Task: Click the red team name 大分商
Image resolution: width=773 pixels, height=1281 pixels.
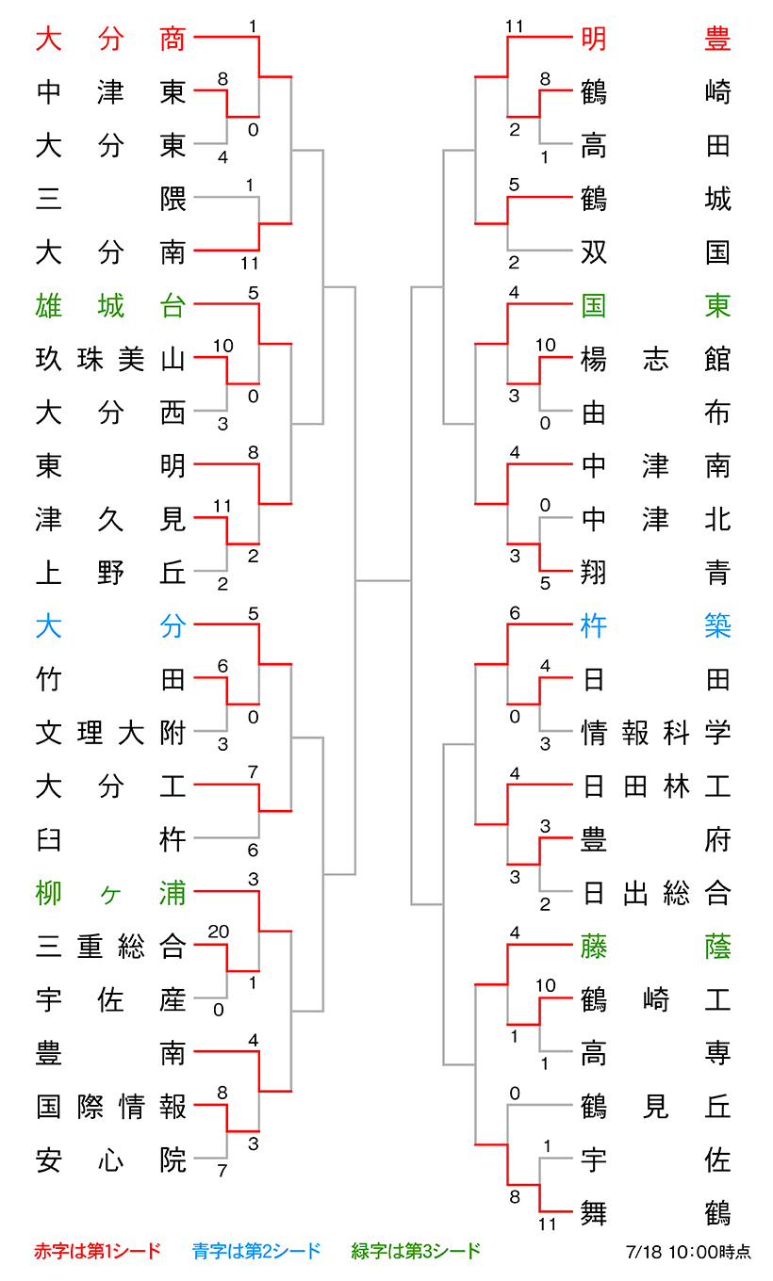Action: click(111, 39)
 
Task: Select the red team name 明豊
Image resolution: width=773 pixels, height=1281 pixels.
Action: click(656, 39)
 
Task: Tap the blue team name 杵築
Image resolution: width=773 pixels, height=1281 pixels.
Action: click(656, 625)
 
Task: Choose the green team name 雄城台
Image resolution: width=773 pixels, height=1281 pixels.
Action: click(111, 305)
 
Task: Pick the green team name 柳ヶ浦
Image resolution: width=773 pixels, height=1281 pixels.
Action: click(111, 893)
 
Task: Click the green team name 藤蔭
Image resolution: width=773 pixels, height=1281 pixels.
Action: click(656, 946)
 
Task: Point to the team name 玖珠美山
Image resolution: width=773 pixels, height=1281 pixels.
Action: click(111, 359)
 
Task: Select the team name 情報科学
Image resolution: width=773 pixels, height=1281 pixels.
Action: click(656, 733)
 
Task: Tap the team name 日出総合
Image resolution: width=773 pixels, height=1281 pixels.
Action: click(656, 893)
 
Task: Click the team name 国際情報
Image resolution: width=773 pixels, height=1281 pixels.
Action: click(111, 1106)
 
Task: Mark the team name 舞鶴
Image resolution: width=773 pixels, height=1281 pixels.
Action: click(656, 1213)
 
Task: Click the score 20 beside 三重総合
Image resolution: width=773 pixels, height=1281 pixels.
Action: click(219, 932)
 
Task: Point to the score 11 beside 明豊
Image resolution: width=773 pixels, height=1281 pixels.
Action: click(515, 26)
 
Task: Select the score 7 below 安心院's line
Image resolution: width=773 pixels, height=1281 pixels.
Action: click(222, 1171)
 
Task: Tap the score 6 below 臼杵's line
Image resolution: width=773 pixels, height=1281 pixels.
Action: click(253, 851)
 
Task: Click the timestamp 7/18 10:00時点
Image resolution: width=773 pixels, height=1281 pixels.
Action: click(688, 1252)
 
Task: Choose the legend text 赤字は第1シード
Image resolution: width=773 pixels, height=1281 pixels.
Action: click(98, 1251)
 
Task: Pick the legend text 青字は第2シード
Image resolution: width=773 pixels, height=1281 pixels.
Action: click(256, 1251)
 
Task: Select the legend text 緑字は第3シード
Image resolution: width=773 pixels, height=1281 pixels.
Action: click(416, 1251)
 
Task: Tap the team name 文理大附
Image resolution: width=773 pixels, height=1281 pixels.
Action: click(111, 733)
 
